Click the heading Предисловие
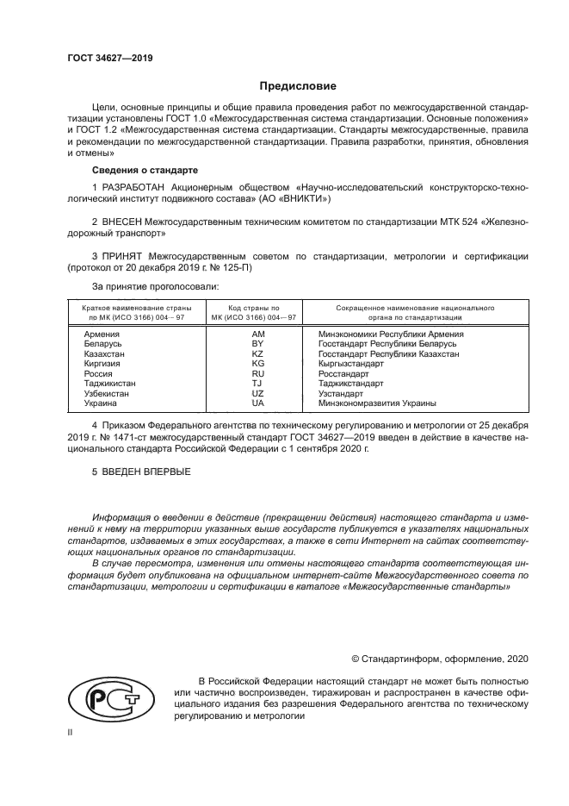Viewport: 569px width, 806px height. pos(298,86)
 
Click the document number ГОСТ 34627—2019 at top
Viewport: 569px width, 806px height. pos(104,59)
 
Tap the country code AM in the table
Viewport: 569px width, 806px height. pos(257,333)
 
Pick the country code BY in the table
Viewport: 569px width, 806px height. pos(257,343)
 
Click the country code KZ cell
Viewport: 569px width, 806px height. pos(257,353)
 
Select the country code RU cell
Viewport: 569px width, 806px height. pos(257,373)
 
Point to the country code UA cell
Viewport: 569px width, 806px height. pos(257,403)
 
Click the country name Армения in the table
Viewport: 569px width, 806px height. pos(102,333)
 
